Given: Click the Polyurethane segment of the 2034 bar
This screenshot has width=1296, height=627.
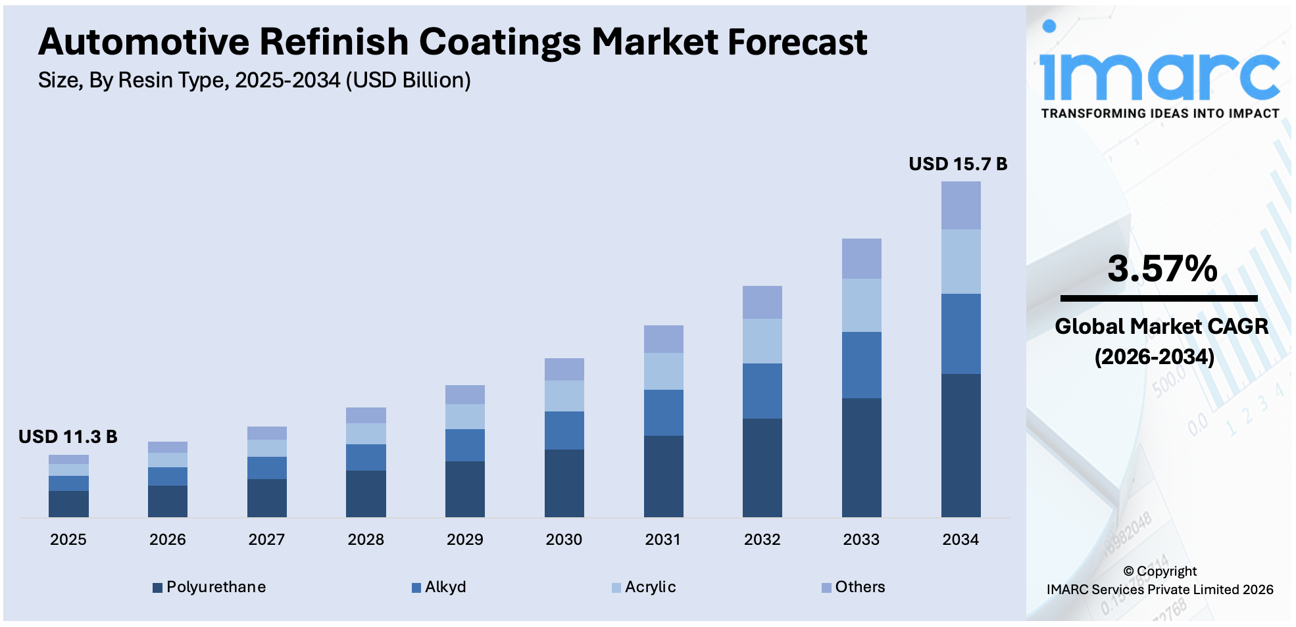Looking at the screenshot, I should click(x=960, y=445).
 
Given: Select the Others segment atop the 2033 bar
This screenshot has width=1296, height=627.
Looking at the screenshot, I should click(x=861, y=258).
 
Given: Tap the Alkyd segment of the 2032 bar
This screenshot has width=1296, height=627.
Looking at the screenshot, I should click(x=762, y=390).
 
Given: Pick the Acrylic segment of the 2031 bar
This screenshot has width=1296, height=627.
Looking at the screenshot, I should click(x=663, y=371).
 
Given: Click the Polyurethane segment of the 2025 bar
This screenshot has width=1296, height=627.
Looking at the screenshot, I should click(x=68, y=503).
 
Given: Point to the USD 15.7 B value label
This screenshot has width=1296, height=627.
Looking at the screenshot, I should click(x=957, y=164).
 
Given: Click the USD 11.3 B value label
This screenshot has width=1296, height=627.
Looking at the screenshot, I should click(x=68, y=436).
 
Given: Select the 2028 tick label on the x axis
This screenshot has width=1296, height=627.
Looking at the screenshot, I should click(x=366, y=540).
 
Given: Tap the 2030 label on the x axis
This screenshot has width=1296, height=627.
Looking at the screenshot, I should click(x=564, y=540).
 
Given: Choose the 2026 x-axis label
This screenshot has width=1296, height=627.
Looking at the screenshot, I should click(x=168, y=540).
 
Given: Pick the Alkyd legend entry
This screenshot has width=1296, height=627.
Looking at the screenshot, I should click(x=439, y=587).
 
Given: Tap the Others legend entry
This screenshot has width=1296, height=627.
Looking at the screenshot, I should click(x=853, y=587).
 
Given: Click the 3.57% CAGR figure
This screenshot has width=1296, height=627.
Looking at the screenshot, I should click(x=1162, y=269).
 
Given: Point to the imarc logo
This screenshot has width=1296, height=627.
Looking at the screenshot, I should click(x=1159, y=72).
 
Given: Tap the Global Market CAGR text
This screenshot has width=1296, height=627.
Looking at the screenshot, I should click(x=1161, y=326).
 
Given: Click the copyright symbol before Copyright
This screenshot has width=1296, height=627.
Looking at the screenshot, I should click(x=1128, y=571).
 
